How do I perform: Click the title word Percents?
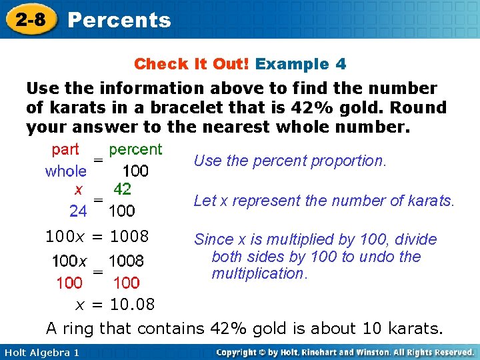click(x=119, y=20)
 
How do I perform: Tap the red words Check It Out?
click(x=191, y=64)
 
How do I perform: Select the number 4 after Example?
click(x=341, y=64)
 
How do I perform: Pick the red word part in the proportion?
click(x=65, y=149)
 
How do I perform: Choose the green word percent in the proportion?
click(x=135, y=149)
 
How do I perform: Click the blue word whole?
click(x=65, y=171)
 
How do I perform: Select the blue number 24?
click(x=78, y=211)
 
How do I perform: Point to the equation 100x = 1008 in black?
click(x=97, y=236)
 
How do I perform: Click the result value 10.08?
click(x=132, y=305)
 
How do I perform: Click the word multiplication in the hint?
click(x=258, y=273)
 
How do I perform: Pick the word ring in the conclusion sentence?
click(x=79, y=328)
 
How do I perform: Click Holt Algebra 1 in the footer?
click(x=41, y=352)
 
